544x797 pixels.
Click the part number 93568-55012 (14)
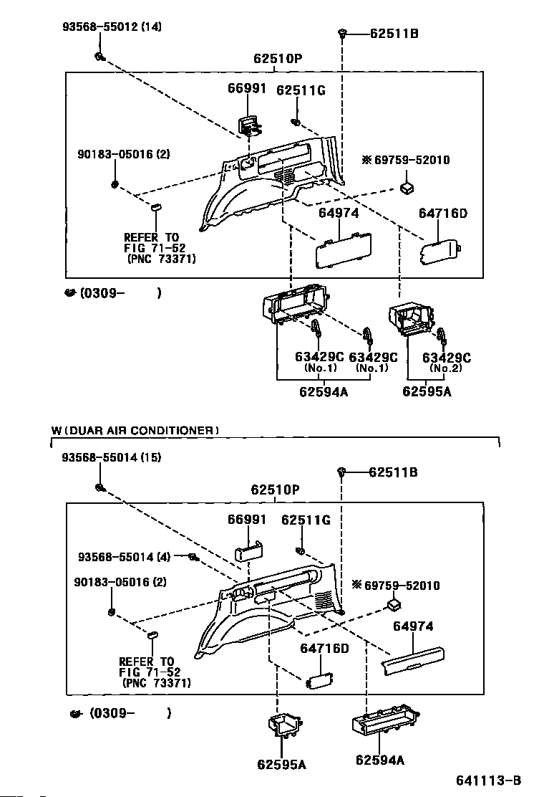112,27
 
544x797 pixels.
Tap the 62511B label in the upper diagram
394,34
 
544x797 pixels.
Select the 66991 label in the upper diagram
247,88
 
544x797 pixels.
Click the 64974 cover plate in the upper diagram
344,249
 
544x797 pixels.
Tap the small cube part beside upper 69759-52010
407,188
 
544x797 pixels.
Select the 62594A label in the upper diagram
324,392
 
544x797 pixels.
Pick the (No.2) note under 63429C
445,368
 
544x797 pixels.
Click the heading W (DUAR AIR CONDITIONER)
135,431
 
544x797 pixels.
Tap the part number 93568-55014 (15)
112,457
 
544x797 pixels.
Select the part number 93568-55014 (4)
125,557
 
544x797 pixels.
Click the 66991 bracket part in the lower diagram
248,550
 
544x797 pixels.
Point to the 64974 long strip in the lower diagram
414,660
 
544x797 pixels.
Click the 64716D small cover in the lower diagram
320,681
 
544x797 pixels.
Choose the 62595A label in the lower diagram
281,765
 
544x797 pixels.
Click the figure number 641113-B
488,781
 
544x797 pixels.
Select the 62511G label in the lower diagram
306,520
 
